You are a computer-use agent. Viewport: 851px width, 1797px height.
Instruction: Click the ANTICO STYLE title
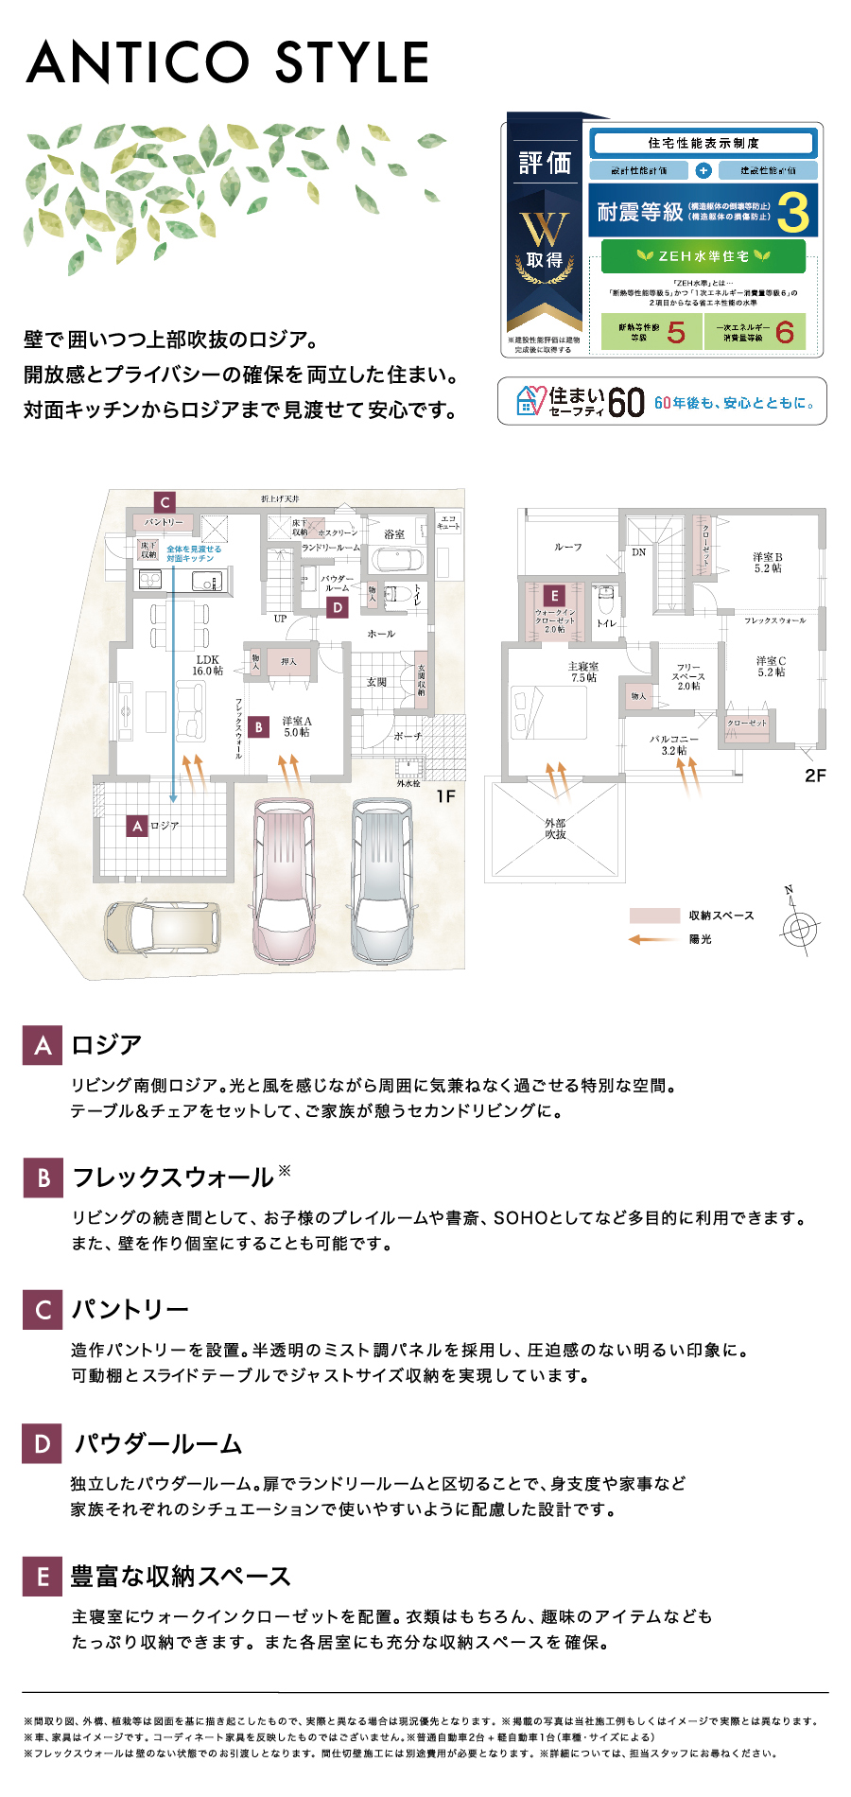228,62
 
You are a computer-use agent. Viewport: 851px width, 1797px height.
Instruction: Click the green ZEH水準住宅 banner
703,256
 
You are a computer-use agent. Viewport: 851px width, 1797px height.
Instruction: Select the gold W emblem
545,228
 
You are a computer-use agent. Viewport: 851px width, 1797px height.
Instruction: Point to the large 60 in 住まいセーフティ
626,403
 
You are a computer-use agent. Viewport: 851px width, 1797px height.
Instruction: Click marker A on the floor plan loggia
138,826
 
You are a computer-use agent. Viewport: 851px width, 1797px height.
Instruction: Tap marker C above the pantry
165,502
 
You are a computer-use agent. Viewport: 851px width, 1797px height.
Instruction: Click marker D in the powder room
338,608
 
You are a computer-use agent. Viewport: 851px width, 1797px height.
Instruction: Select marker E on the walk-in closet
554,595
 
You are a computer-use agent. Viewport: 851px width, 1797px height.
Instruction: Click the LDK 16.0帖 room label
208,665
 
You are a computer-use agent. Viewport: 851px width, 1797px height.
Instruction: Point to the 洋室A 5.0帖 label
297,726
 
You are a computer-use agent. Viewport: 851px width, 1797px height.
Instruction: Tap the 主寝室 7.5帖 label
583,672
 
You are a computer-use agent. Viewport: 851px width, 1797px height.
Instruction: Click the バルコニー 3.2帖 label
673,744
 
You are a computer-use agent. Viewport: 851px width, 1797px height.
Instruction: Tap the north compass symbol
799,926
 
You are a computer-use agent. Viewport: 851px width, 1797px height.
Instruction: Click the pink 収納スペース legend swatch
654,916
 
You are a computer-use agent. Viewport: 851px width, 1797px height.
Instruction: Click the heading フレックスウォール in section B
173,1178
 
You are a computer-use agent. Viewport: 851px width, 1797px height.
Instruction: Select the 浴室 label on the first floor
394,534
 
